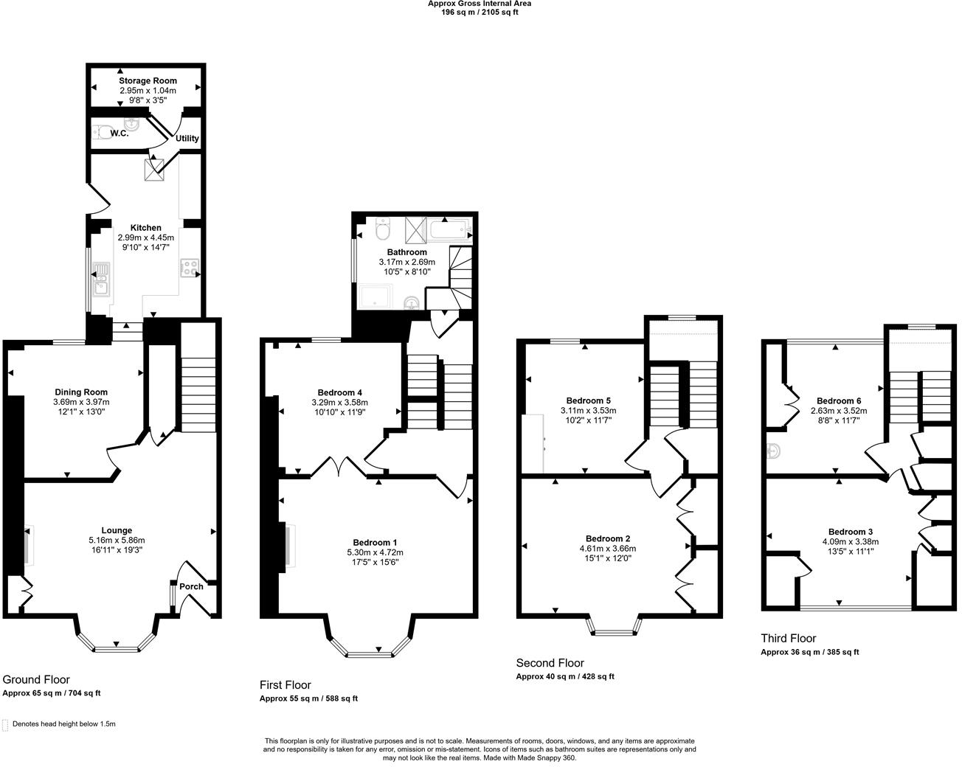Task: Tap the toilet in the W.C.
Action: [102, 133]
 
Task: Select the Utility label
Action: [187, 139]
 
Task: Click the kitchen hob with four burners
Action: [190, 268]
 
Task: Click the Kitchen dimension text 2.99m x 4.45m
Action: [145, 238]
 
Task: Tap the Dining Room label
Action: [80, 392]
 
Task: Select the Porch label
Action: [191, 587]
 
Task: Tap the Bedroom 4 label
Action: [339, 392]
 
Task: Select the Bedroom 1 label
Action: [375, 542]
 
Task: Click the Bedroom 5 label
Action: [588, 401]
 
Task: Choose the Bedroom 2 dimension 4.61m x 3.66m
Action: [607, 549]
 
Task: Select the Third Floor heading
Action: [788, 639]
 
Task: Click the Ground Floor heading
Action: [36, 680]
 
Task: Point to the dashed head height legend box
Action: [6, 725]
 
